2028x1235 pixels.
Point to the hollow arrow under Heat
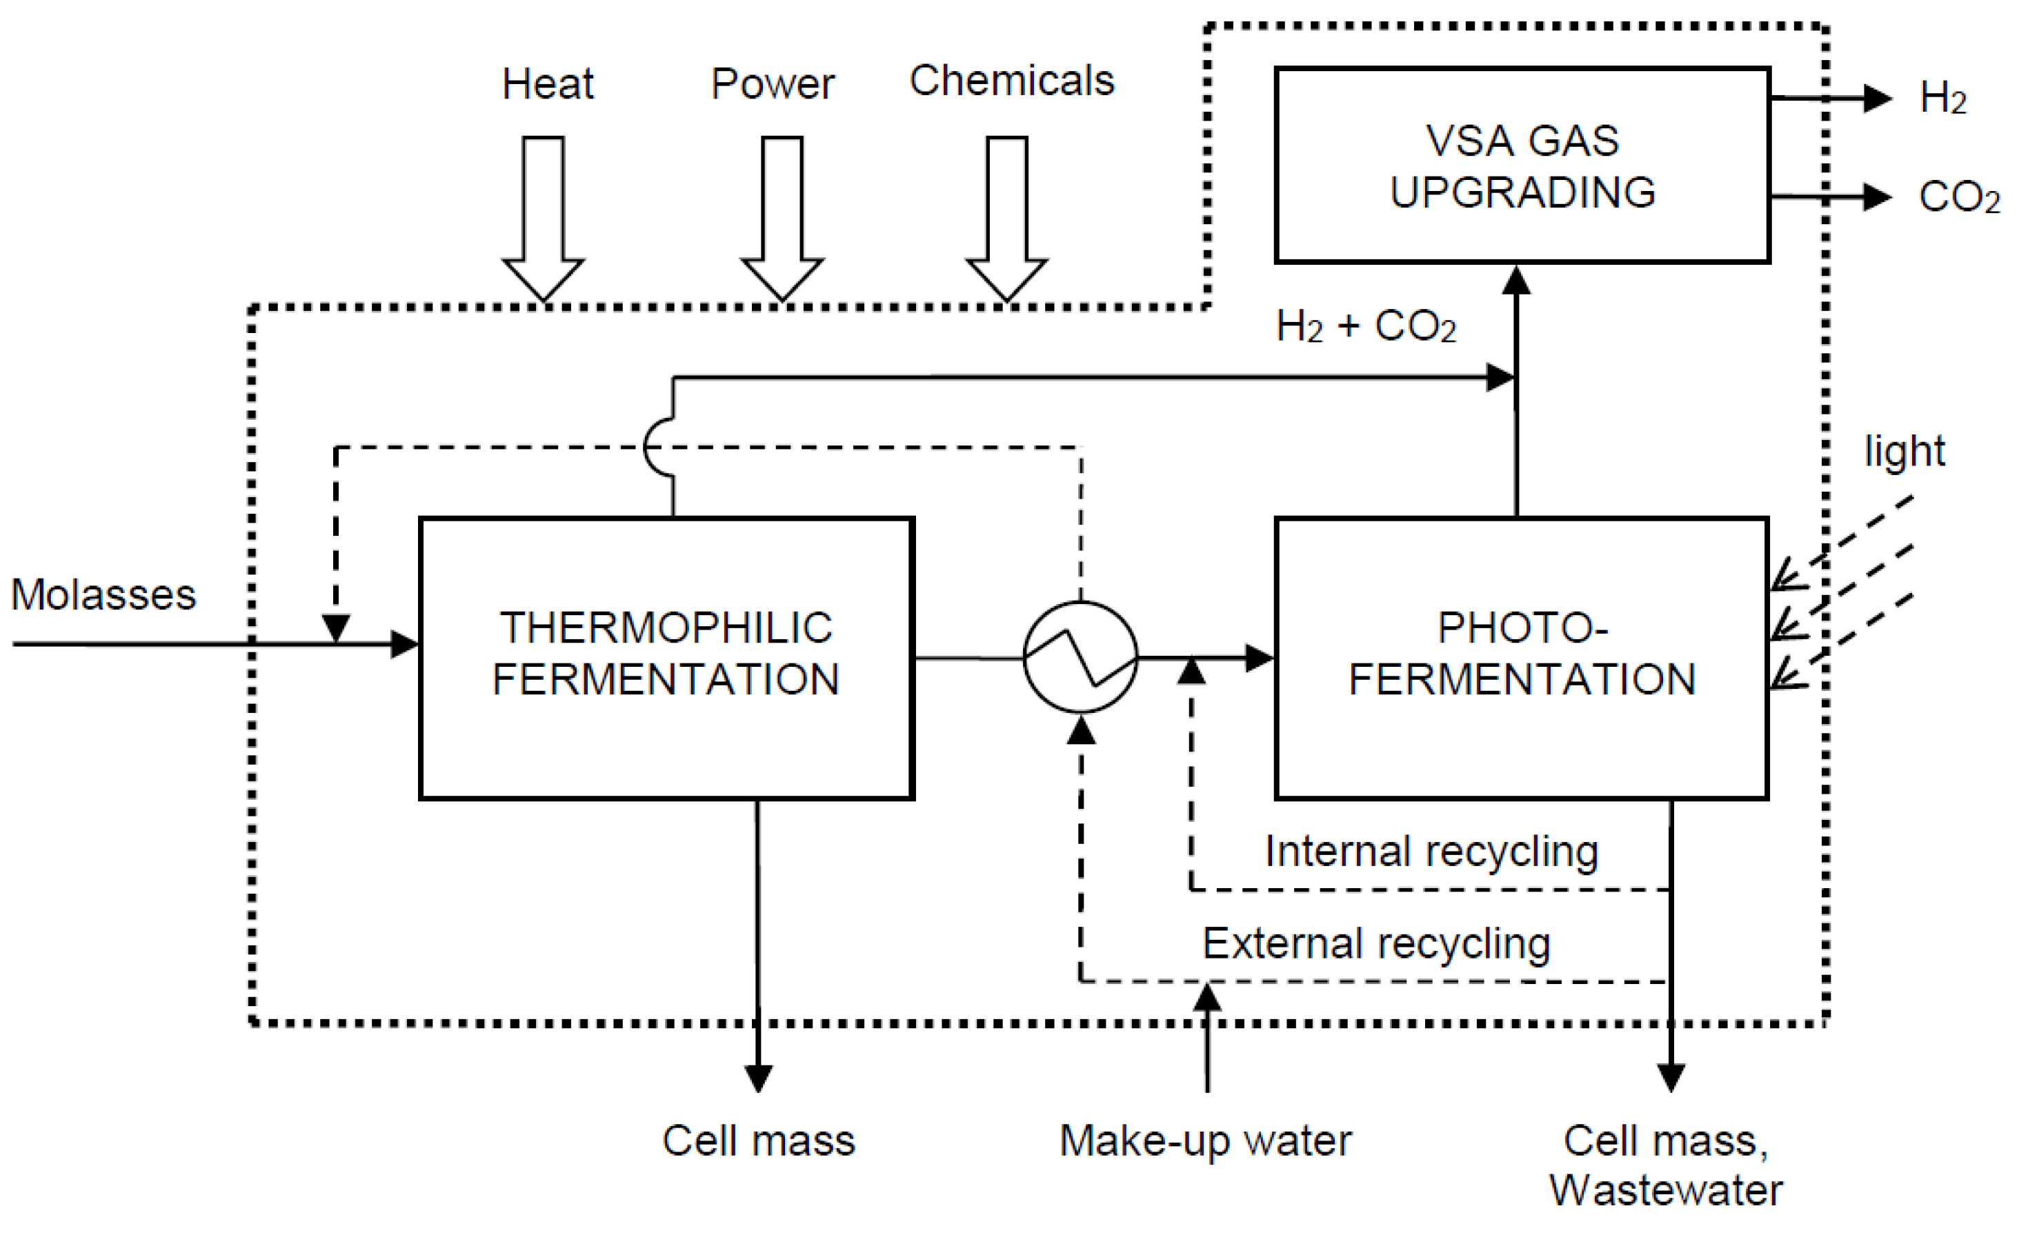[x=544, y=218]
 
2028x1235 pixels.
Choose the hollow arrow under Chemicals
[x=1006, y=218]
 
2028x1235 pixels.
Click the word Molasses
[x=103, y=594]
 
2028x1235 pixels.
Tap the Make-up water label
[x=1205, y=1141]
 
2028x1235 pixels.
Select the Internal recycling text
[x=1431, y=851]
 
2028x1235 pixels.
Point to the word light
[x=1904, y=451]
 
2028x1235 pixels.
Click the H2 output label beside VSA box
[x=1942, y=98]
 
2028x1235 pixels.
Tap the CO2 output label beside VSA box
[x=1958, y=197]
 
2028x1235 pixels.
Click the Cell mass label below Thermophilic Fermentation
[x=758, y=1141]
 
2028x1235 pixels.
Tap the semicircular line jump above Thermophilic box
[x=659, y=448]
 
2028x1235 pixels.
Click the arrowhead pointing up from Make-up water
[x=1206, y=998]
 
